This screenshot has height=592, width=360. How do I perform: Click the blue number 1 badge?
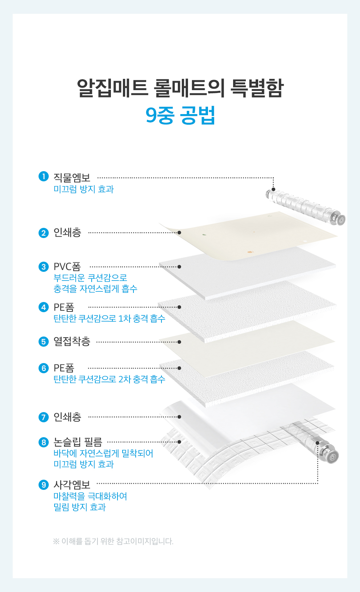[44, 176]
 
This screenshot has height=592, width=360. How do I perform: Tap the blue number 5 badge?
[44, 342]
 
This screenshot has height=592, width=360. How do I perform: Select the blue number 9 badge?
[44, 485]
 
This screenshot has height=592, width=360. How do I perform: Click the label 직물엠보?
[72, 177]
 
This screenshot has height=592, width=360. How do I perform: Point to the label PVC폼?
[67, 267]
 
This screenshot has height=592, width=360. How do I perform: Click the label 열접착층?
[72, 342]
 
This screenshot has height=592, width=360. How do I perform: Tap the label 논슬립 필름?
[78, 442]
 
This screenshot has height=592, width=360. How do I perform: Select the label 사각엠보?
[72, 485]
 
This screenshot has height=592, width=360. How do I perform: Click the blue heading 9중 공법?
[180, 115]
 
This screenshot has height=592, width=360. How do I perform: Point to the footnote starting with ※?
[113, 541]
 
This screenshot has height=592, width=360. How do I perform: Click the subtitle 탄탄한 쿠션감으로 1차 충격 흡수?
[109, 318]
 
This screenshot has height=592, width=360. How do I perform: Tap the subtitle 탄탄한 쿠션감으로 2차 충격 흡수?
[109, 379]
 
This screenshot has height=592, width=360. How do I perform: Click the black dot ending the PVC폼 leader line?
[179, 267]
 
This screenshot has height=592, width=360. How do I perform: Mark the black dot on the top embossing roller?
[273, 189]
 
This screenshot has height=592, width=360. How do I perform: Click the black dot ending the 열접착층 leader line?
[179, 342]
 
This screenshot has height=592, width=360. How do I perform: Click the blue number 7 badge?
[44, 417]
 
